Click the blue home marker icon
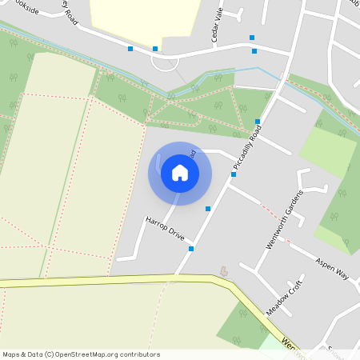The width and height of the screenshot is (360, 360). [180, 173]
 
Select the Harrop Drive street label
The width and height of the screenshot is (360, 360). [165, 228]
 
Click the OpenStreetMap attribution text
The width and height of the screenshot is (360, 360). [81, 354]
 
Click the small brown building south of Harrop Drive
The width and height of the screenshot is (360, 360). [223, 271]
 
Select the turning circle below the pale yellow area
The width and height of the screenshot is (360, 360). [165, 62]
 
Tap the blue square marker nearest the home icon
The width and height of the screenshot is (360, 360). [208, 209]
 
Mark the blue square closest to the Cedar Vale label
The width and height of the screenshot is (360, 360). [251, 38]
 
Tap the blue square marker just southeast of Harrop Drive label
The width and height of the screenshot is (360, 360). [191, 249]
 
